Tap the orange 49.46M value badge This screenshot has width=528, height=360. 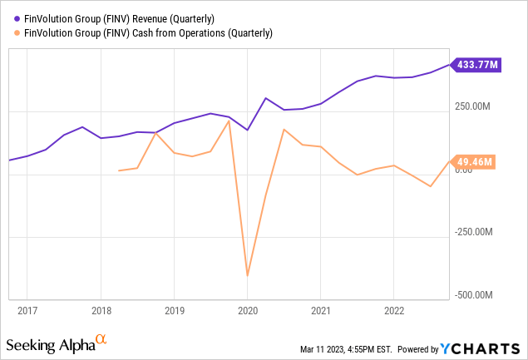[476, 161]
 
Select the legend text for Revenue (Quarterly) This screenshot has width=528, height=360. [121, 18]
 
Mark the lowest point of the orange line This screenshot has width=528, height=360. [247, 275]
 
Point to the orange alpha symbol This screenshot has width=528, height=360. [101, 339]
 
